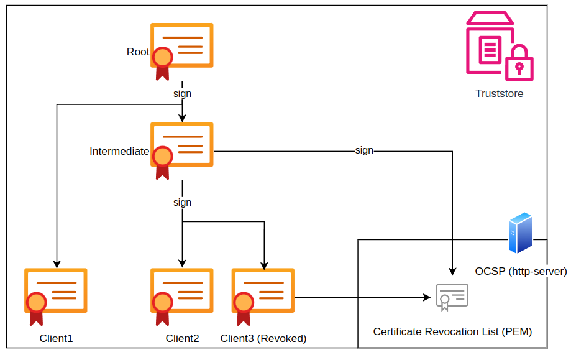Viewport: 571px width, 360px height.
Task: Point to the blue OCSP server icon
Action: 520,233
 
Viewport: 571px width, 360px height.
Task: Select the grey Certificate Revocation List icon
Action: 452,297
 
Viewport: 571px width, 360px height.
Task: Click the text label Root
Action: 138,52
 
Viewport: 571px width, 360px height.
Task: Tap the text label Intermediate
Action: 119,151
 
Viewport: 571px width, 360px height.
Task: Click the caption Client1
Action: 56,339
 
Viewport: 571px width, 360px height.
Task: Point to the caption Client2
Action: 182,339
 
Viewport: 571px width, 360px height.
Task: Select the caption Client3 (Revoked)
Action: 263,339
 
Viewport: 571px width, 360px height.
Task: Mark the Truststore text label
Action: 499,94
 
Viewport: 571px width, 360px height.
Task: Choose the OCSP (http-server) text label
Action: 521,271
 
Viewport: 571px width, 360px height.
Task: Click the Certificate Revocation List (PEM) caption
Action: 452,331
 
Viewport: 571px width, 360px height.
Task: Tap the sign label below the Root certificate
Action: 182,94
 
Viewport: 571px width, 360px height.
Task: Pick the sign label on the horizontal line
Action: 364,150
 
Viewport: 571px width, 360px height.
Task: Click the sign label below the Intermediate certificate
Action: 182,203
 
